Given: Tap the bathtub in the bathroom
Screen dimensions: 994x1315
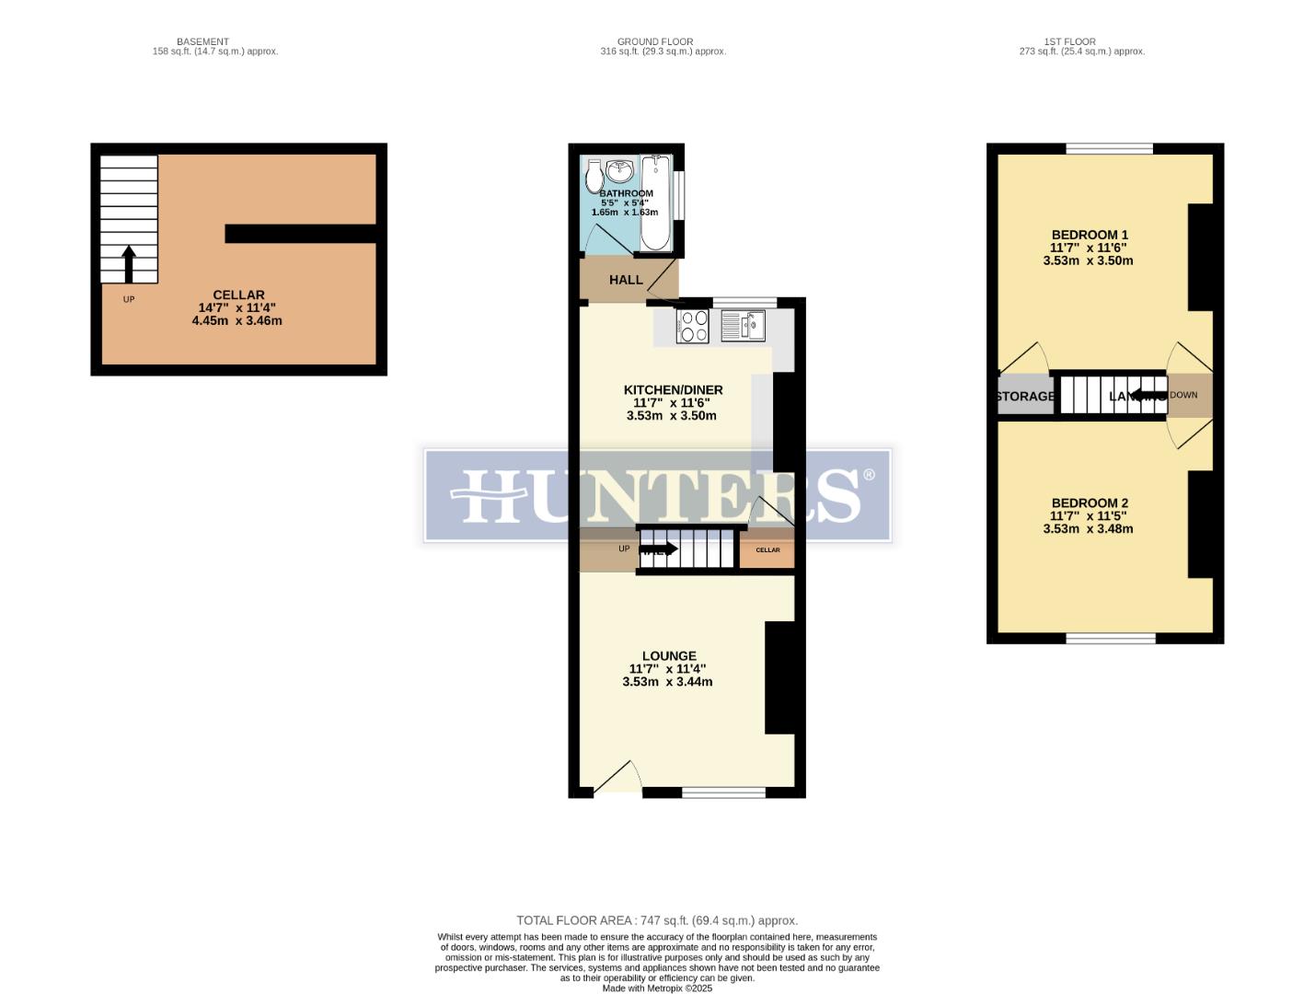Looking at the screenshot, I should (x=655, y=203).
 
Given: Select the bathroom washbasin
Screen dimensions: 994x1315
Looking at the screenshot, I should (x=619, y=171).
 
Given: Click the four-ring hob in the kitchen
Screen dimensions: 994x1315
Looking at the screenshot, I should (x=693, y=326).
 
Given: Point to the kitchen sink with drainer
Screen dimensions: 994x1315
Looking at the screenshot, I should (x=744, y=325).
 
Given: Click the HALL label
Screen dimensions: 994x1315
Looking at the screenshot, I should (x=626, y=280).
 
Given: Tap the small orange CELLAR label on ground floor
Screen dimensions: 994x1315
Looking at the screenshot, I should (x=767, y=550).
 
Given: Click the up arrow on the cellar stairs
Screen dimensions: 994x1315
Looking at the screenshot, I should (x=128, y=263).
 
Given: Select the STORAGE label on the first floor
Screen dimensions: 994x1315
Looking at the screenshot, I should (x=1025, y=397).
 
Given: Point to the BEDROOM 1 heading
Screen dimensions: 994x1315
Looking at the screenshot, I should (x=1090, y=235).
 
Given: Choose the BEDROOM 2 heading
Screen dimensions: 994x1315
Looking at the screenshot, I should (x=1090, y=503).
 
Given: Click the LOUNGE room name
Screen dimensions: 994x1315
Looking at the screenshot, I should (x=669, y=656).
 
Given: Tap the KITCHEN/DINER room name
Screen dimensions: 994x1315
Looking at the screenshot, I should (x=673, y=390).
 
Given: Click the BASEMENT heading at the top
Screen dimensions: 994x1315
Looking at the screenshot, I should (x=202, y=41).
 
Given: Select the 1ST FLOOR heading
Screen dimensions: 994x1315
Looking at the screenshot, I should (x=1069, y=41).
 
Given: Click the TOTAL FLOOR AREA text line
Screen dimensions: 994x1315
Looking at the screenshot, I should (x=657, y=920).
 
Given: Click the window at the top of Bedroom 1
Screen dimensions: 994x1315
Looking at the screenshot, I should (x=1109, y=148).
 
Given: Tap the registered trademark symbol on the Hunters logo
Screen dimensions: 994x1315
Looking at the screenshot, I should (x=868, y=476).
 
